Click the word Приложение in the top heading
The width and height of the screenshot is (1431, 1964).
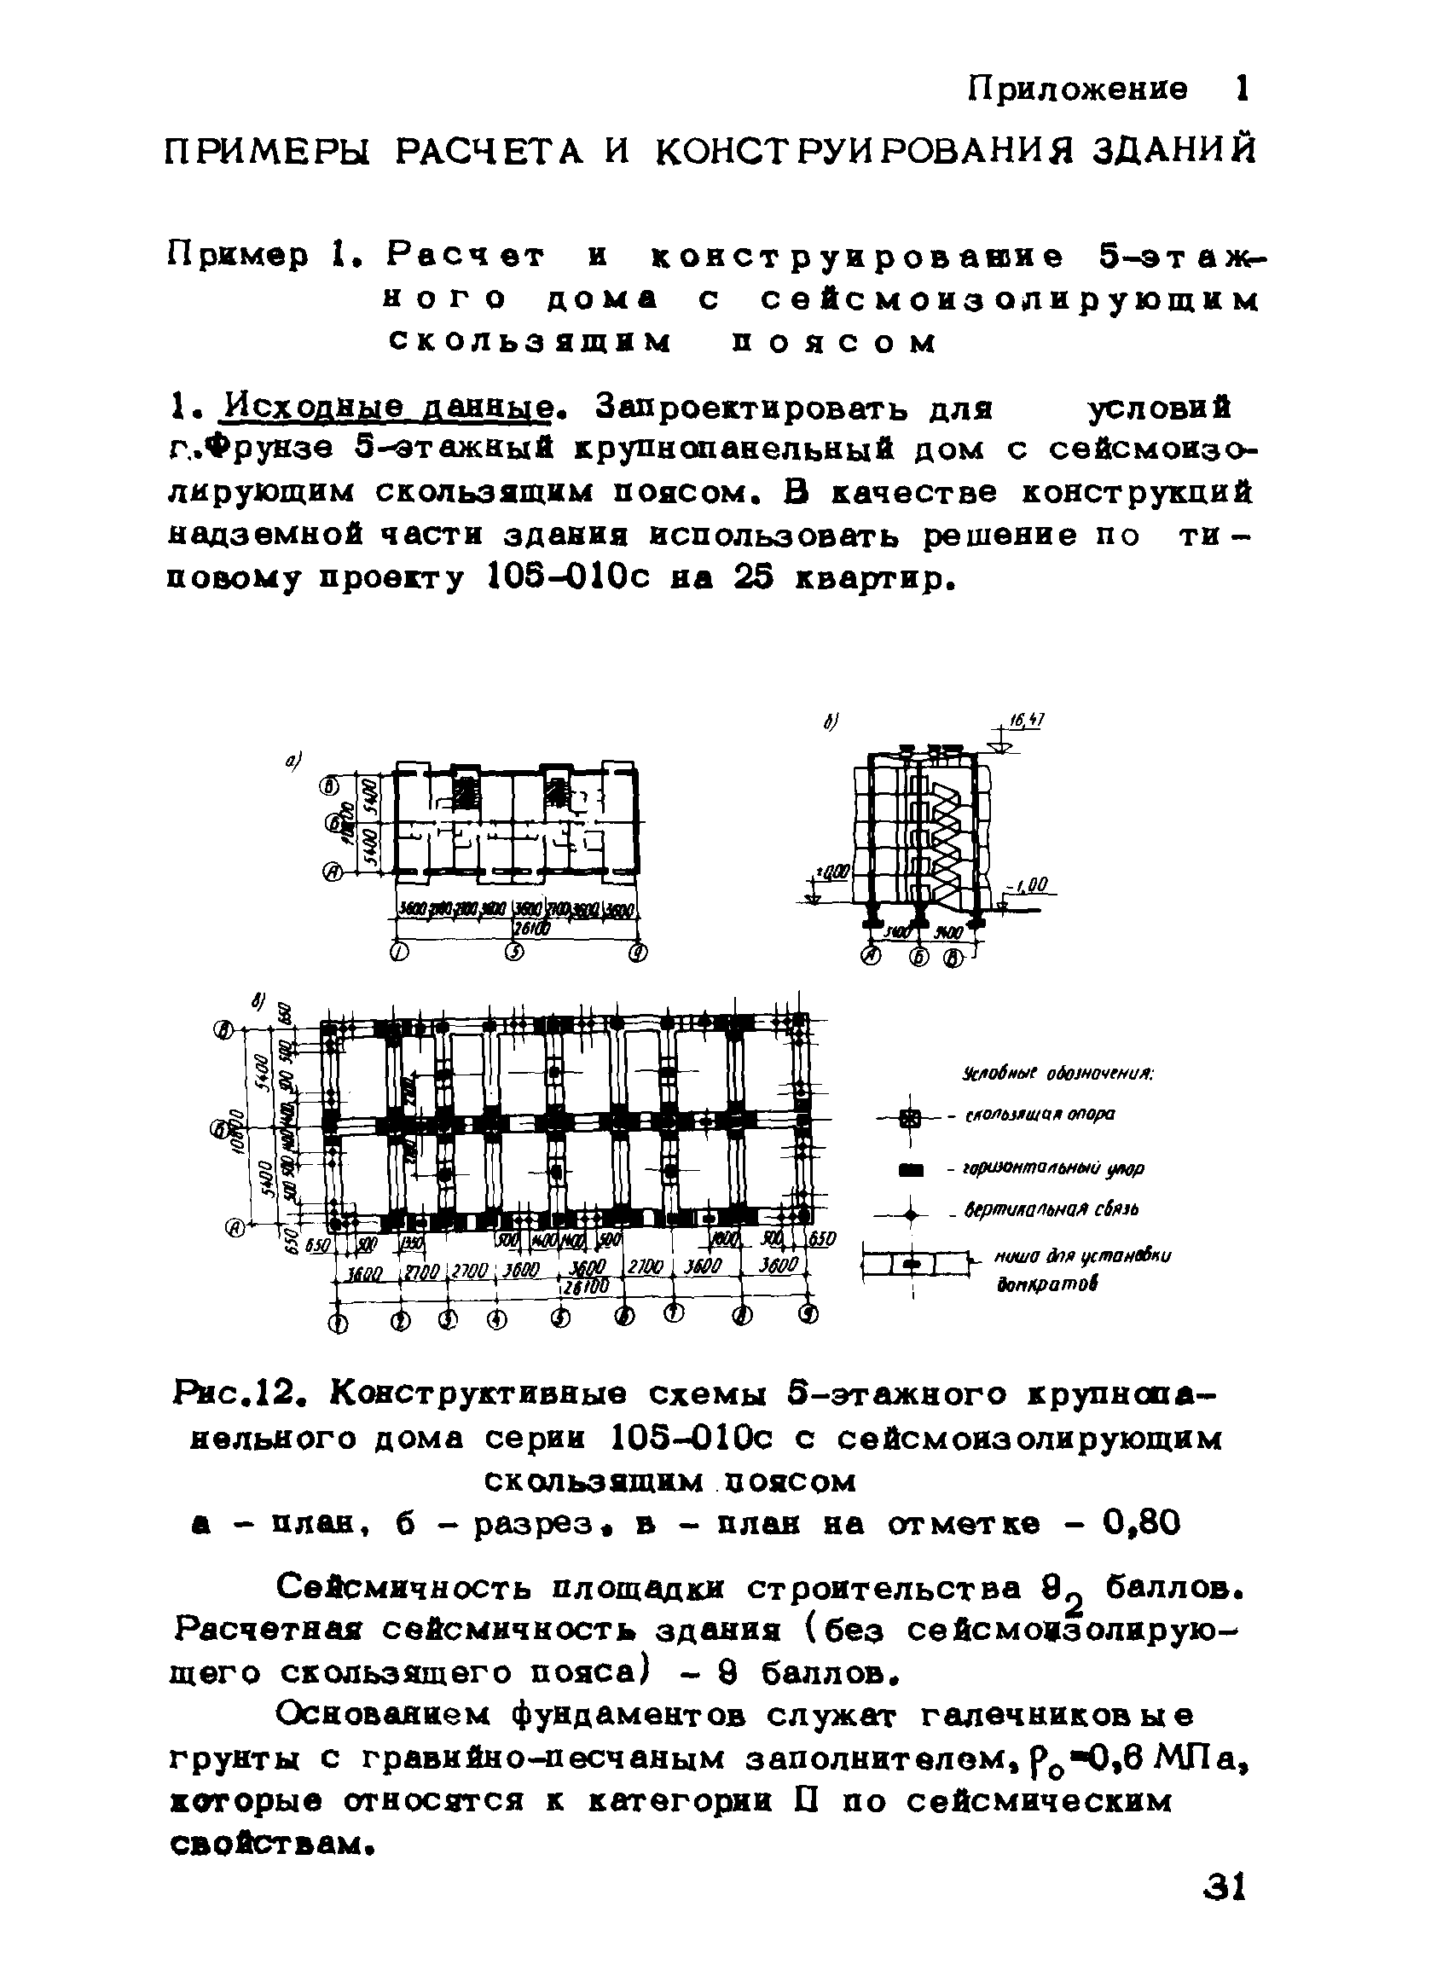[1078, 90]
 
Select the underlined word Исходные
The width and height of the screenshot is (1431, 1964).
[282, 407]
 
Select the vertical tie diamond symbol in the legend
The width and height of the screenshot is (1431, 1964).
[909, 1217]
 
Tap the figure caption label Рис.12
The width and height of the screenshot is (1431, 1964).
[237, 1395]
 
